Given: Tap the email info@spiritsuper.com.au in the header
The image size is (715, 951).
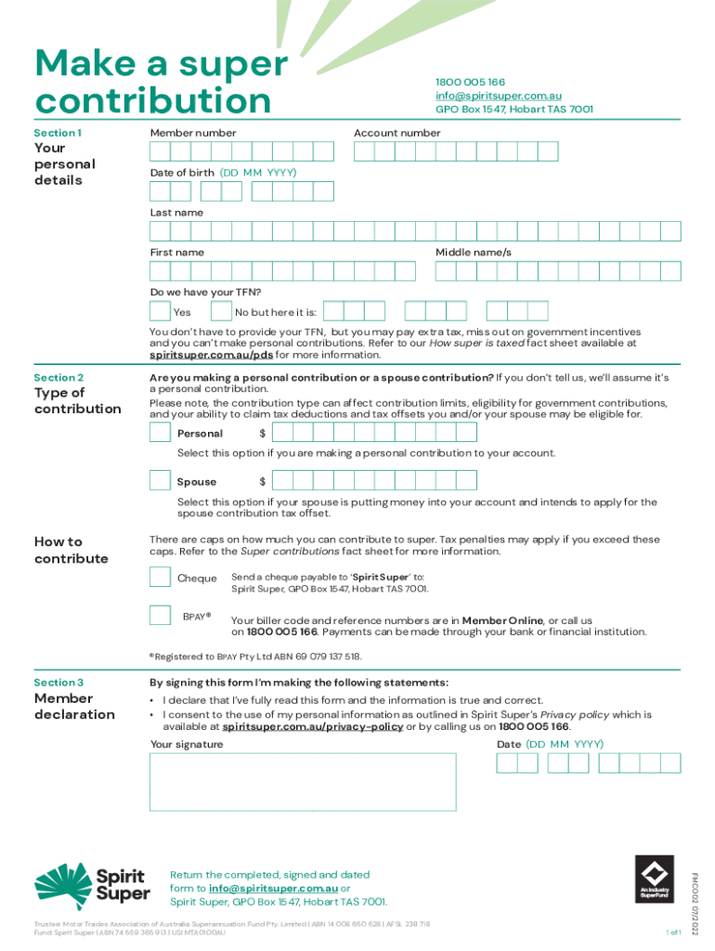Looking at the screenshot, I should pos(498,96).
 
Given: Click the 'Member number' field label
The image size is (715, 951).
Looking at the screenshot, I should pos(193,133).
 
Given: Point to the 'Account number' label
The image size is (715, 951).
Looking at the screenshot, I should pos(396,133).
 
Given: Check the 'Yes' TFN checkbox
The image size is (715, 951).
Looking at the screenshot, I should pos(160,312).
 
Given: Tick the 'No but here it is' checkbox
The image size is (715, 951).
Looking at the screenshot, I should pos(221,312).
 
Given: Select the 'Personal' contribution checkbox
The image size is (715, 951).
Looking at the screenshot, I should pos(160,432).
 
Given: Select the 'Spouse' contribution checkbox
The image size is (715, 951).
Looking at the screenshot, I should pos(160,480).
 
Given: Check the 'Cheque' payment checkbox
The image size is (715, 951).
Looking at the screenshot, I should pos(160,577).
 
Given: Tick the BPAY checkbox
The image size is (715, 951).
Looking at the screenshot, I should pos(160,615).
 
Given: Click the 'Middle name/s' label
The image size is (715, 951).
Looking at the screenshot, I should pos(474,253).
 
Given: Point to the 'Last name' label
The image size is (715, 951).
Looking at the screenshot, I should pos(176,213).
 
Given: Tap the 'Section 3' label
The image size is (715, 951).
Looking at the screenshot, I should pos(58,683).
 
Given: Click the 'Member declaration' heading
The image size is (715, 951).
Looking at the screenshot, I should pos(74,707).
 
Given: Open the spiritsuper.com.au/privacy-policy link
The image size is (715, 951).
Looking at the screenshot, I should pos(312,727).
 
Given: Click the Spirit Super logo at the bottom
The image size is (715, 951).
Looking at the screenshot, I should pos(93,883).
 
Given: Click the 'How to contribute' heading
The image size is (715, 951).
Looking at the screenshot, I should pos(71,550).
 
